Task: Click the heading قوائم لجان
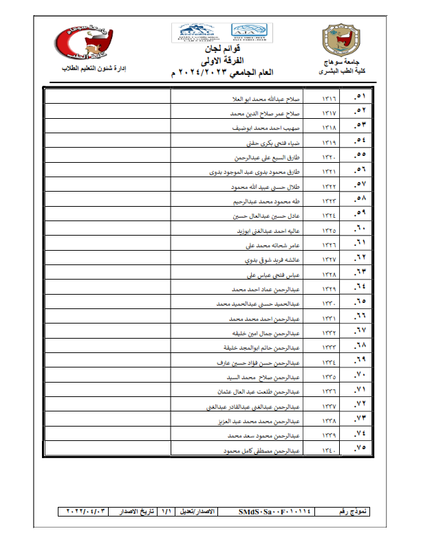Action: point(211,51)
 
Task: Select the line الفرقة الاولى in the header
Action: point(211,61)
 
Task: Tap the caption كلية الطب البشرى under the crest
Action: point(341,72)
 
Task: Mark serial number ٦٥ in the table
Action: point(358,302)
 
